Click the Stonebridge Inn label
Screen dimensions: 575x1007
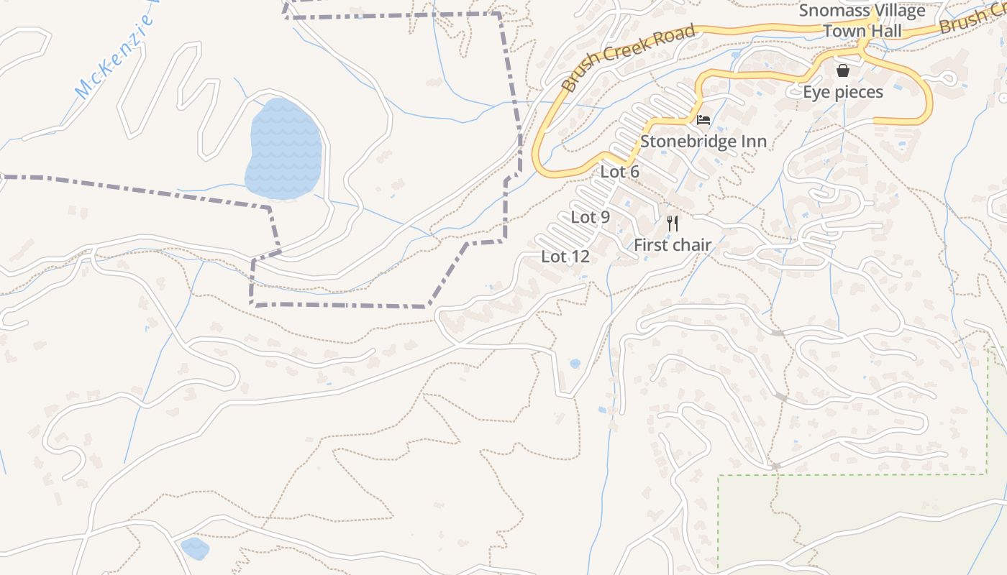click(703, 141)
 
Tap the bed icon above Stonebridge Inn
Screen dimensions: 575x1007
click(703, 119)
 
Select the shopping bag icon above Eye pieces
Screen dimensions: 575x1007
click(843, 70)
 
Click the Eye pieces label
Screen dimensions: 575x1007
click(843, 92)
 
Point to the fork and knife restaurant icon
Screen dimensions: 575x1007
click(673, 223)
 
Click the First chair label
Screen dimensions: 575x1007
click(672, 245)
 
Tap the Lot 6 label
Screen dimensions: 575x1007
click(619, 172)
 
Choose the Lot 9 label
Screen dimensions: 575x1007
click(590, 217)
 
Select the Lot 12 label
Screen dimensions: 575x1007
click(565, 257)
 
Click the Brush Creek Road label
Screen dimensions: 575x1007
click(627, 57)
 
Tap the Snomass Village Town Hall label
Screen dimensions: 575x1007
click(862, 21)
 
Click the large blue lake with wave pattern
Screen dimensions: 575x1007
click(283, 149)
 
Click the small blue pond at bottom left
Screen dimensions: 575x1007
click(194, 548)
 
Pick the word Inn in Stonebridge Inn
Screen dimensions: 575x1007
click(752, 141)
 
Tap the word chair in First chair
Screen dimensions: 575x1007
click(692, 245)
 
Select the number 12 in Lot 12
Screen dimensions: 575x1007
click(580, 257)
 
